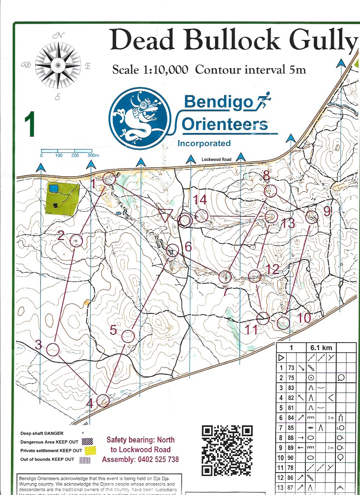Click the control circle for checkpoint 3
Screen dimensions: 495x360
(53, 350)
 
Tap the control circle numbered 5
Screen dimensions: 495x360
(128, 336)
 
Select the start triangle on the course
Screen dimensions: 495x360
(164, 215)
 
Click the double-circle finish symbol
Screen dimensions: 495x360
(185, 220)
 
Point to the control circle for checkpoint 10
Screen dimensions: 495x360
(283, 323)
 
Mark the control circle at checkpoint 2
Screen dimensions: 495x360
(76, 241)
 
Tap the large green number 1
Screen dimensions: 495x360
(29, 124)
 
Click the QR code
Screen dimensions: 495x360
(227, 450)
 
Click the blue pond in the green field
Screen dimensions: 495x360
(53, 188)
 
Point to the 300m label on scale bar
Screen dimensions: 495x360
(92, 156)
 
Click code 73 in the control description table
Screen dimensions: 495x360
(291, 368)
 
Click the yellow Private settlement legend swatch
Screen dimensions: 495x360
(90, 450)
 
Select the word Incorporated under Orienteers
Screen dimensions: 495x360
(204, 144)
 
